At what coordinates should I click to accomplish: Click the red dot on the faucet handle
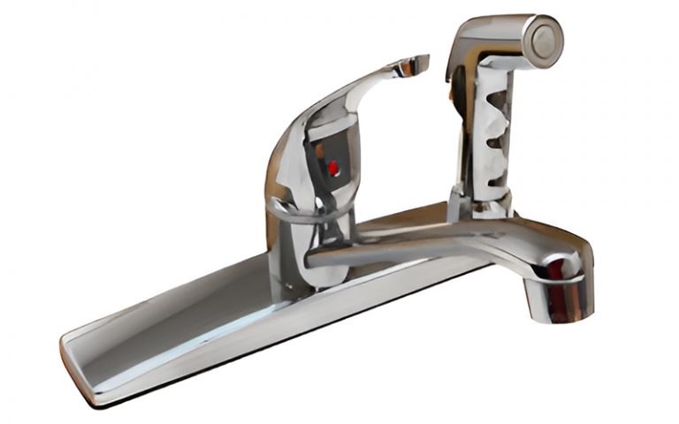(333, 168)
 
